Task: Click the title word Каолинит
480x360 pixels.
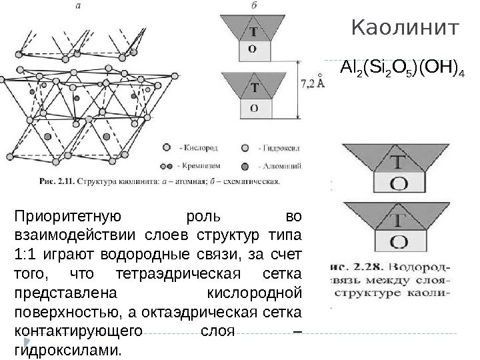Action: (405, 29)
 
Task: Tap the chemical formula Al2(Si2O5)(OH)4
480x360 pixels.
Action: (402, 69)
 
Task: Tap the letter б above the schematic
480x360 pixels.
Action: (257, 5)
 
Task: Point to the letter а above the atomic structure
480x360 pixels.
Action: (79, 5)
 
